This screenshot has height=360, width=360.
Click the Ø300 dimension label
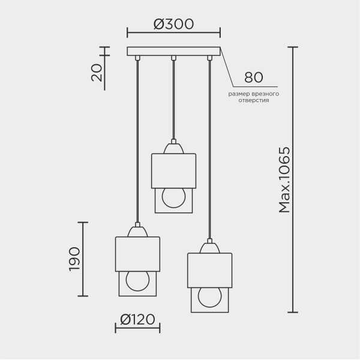coord(173,24)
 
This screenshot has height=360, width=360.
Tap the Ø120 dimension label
coord(137,319)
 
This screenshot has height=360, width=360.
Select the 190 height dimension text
coord(74,259)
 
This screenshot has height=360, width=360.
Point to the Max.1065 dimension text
coord(284,180)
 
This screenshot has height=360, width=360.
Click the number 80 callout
coord(253,77)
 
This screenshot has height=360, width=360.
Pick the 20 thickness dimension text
coord(97,73)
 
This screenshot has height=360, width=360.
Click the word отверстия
coord(253,101)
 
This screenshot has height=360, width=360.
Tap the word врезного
coord(265,94)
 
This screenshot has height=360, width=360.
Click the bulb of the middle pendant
coord(173,198)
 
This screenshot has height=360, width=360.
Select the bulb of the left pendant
coord(137,281)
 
